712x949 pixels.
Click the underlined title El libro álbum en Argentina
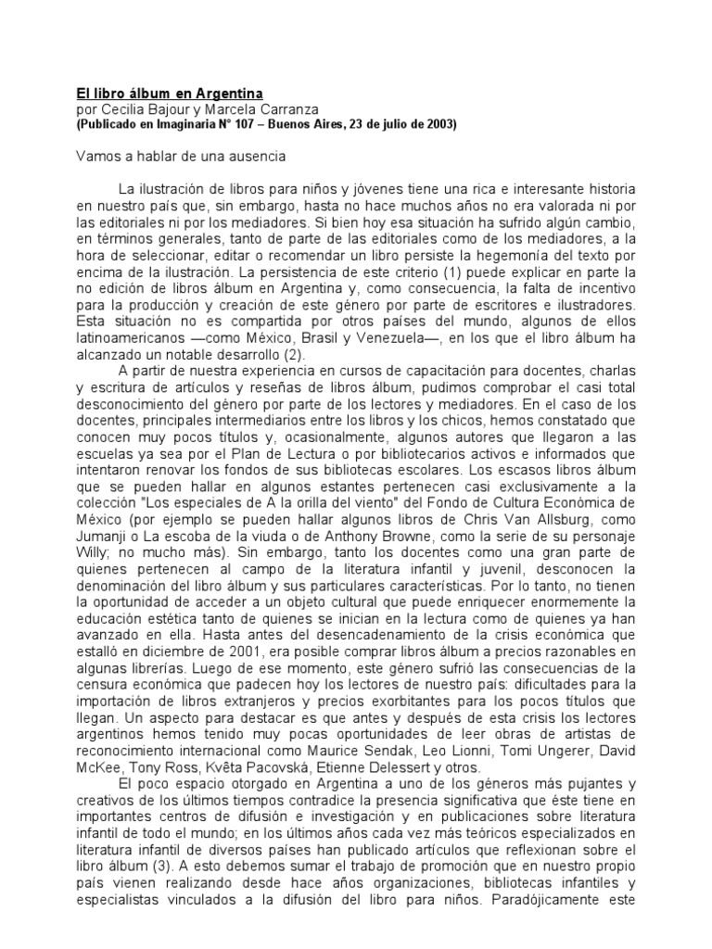(169, 94)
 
